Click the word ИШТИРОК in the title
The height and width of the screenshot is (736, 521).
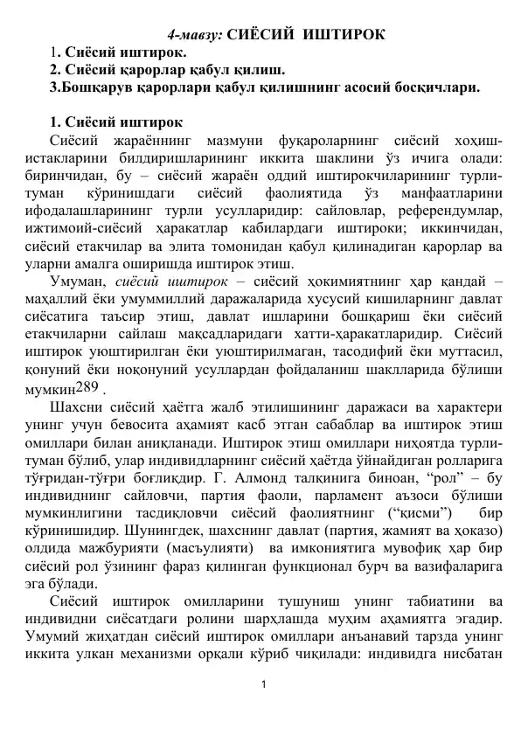[x=339, y=36]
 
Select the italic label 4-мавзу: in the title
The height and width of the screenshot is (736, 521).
[x=194, y=36]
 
